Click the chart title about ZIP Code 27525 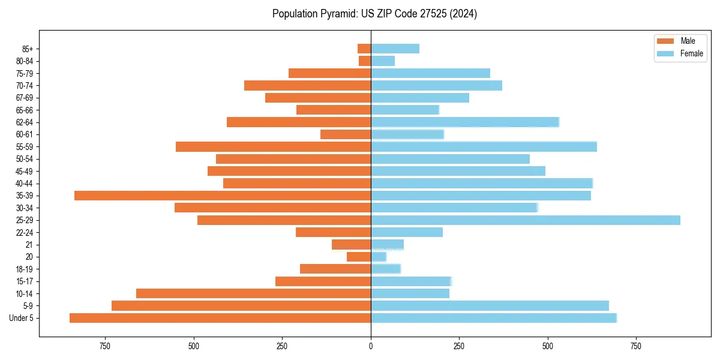[374, 14]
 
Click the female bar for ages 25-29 [525, 220]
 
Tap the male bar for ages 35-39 [223, 196]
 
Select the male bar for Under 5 [220, 318]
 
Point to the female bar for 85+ [395, 49]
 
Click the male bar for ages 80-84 [365, 61]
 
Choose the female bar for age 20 [379, 257]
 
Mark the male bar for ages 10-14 [253, 293]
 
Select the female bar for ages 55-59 [484, 147]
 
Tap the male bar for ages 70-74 [307, 86]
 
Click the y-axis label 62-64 [25, 122]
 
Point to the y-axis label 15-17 [25, 281]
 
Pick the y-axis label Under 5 [22, 318]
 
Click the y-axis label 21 [29, 245]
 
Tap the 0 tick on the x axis [371, 346]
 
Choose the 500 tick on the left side [194, 346]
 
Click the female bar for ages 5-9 [490, 305]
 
